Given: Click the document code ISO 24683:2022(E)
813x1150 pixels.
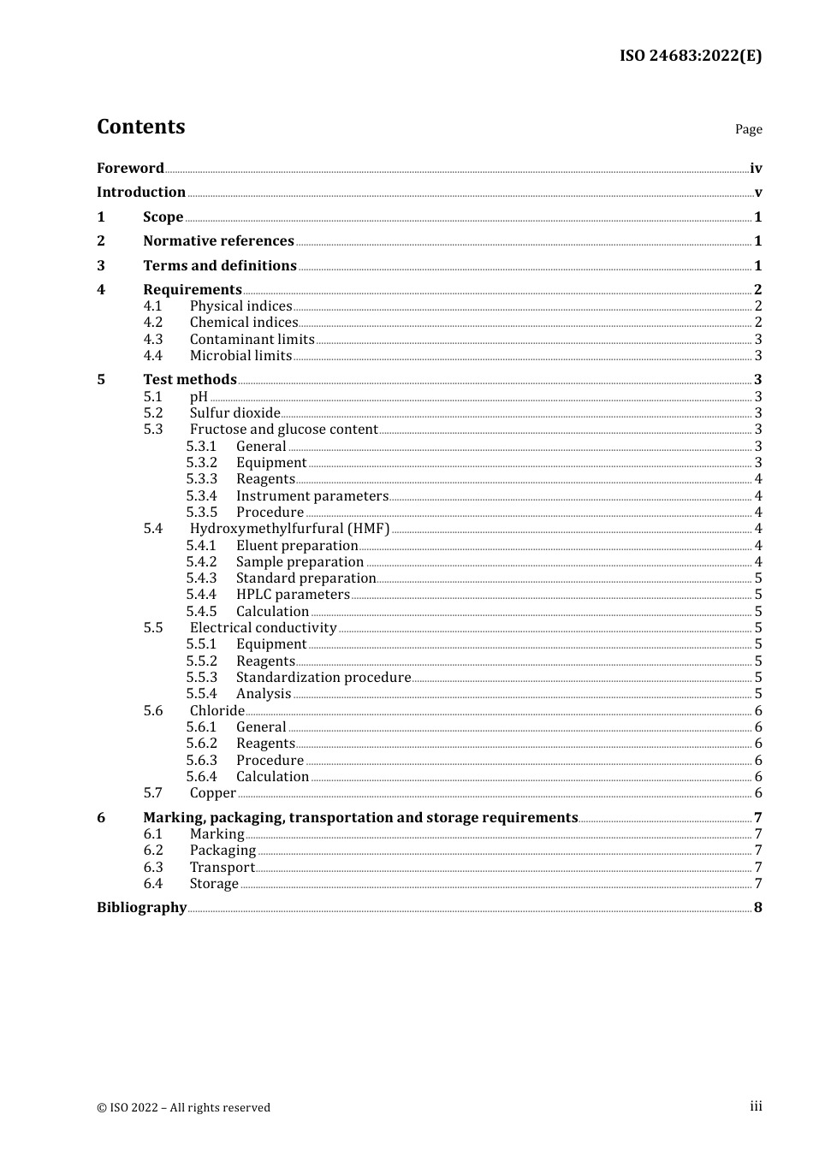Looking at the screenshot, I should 690,56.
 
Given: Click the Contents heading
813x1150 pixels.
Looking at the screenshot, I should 140,127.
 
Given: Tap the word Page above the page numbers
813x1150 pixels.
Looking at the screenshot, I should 748,129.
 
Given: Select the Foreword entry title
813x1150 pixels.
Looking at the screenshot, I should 130,169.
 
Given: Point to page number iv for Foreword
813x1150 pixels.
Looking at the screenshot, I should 756,169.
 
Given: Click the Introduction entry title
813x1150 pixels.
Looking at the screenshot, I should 141,193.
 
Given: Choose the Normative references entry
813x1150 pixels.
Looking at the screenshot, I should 218,241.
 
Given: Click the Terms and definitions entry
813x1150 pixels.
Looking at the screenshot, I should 220,266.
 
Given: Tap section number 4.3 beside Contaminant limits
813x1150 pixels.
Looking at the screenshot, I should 153,340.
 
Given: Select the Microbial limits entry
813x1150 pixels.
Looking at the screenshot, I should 240,356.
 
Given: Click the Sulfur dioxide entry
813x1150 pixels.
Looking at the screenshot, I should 234,413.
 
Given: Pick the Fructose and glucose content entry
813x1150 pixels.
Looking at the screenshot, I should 283,430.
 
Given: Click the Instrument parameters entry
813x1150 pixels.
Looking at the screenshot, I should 312,496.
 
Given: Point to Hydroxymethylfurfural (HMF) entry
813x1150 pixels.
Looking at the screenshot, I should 289,529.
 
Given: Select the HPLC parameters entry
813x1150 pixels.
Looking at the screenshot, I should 293,595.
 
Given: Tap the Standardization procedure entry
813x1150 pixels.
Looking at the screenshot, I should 323,678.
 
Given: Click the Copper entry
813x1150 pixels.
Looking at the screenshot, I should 212,793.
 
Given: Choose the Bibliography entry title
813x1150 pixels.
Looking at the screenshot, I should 141,908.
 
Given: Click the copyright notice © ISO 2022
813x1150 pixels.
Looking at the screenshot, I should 183,1107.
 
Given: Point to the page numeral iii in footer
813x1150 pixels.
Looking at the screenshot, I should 756,1106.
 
